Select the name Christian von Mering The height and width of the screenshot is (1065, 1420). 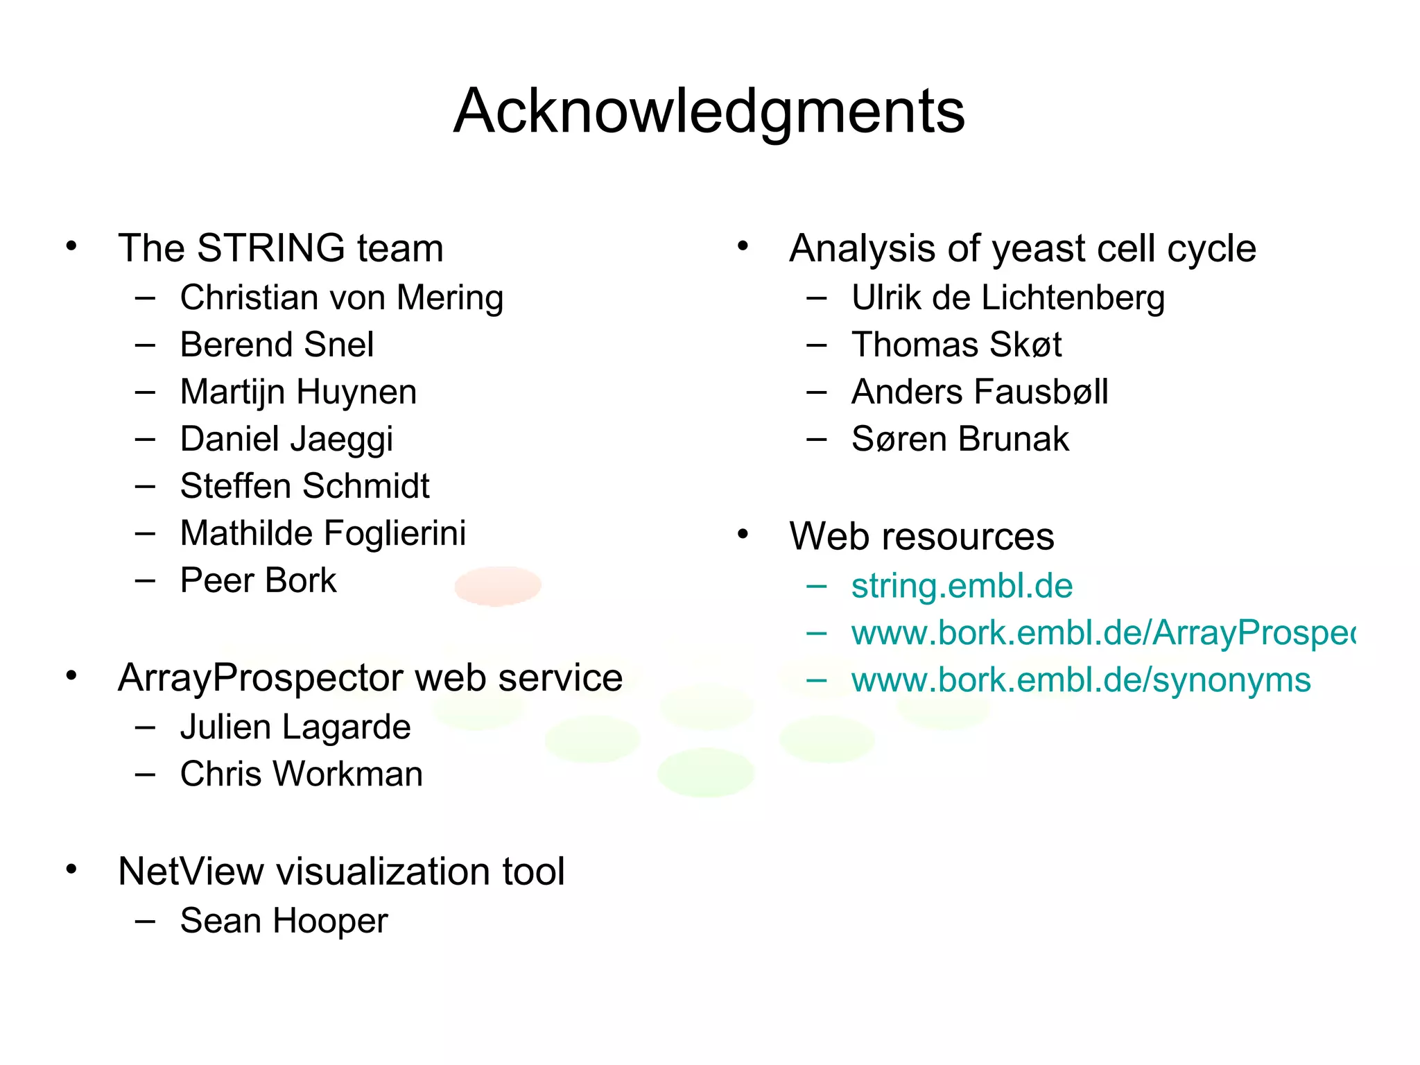(341, 298)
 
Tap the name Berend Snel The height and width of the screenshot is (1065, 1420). (277, 345)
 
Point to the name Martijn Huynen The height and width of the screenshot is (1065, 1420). (298, 392)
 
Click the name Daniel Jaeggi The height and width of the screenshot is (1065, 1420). (286, 440)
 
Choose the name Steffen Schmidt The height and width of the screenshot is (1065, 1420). (304, 486)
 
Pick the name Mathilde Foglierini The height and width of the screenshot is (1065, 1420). (322, 533)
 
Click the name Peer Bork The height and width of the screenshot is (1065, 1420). (258, 580)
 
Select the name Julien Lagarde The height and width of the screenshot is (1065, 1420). (295, 727)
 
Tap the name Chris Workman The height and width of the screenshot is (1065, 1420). (301, 774)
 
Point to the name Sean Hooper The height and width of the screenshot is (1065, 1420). (284, 921)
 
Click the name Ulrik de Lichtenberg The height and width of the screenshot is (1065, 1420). (1007, 298)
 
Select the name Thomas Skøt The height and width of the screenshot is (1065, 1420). (956, 345)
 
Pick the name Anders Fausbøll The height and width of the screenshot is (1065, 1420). (979, 392)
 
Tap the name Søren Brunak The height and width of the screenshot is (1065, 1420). (960, 440)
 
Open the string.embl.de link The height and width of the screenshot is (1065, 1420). (962, 587)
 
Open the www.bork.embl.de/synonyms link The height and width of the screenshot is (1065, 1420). (1080, 680)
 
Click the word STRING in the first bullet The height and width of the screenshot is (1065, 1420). (270, 248)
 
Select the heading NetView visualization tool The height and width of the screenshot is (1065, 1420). (341, 872)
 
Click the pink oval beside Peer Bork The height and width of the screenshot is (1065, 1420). (498, 586)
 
